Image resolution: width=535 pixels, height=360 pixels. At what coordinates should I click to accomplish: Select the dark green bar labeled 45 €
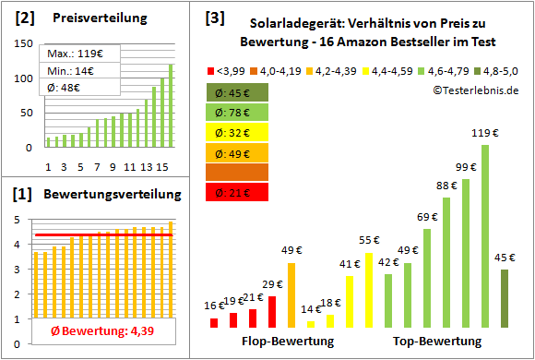point(505,298)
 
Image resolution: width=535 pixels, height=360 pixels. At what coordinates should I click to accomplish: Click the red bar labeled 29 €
point(272,312)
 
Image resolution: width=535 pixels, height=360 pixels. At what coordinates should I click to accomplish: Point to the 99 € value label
point(466,166)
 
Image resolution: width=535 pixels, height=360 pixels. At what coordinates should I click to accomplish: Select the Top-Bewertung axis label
point(437,342)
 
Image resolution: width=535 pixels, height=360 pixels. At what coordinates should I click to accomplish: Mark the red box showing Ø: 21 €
point(237,192)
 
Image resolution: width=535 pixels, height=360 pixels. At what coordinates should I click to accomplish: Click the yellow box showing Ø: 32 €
point(237,132)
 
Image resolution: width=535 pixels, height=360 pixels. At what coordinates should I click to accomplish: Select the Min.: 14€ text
point(68,71)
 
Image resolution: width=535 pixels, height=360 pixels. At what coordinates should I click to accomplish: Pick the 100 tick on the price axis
point(25,78)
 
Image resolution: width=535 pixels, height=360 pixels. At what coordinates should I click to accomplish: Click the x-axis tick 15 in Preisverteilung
point(161,166)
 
